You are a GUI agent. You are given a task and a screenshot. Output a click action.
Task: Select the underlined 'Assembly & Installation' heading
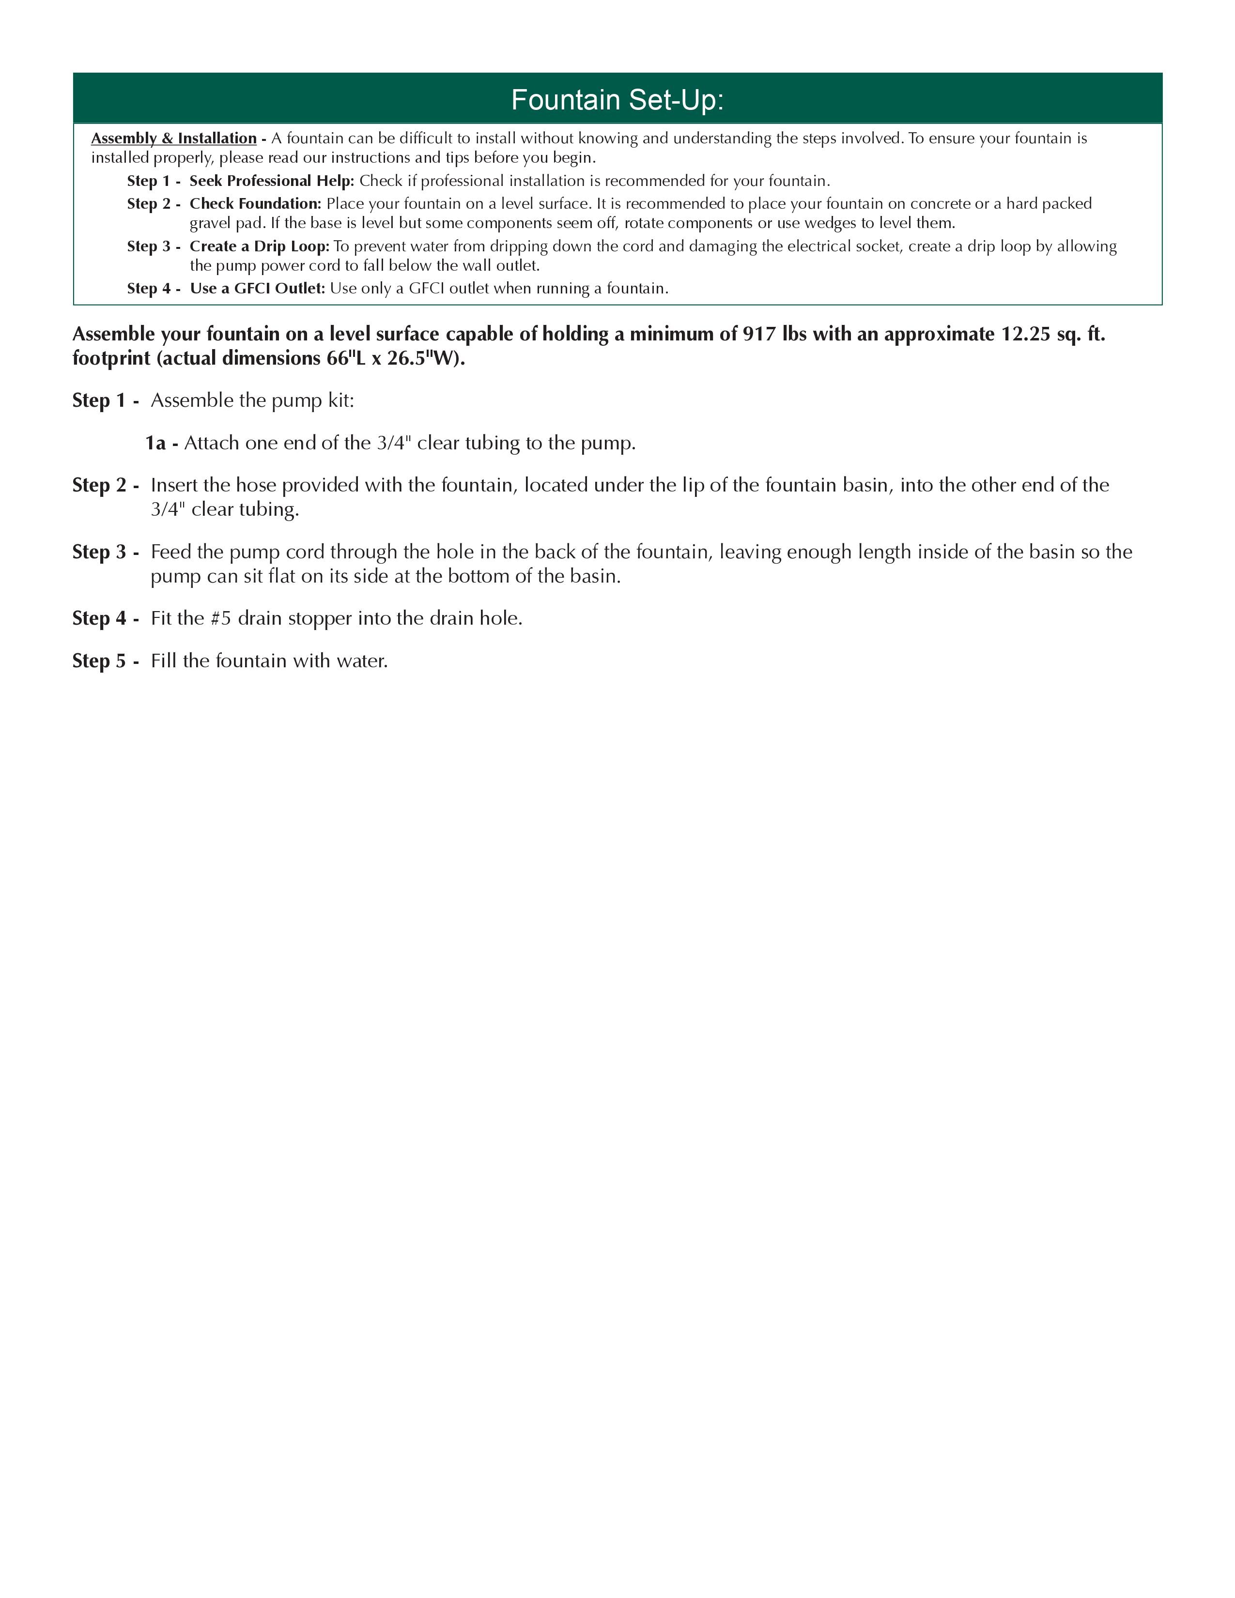[173, 138]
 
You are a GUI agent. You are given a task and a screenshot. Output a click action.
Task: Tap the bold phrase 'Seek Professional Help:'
[271, 181]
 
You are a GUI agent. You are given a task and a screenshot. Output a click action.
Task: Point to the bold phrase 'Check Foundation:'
[255, 203]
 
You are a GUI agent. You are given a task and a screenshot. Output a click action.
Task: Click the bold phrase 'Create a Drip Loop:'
[260, 246]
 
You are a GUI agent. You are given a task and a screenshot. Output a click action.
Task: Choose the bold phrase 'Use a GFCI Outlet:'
[257, 288]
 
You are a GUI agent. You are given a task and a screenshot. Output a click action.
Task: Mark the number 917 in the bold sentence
[759, 335]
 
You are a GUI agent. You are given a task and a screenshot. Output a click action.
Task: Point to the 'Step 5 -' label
[106, 661]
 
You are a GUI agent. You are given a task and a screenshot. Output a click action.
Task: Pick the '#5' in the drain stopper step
[221, 618]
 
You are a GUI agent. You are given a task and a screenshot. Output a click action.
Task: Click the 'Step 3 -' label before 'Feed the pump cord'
[106, 552]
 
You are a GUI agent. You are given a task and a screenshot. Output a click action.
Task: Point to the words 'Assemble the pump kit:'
[252, 400]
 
